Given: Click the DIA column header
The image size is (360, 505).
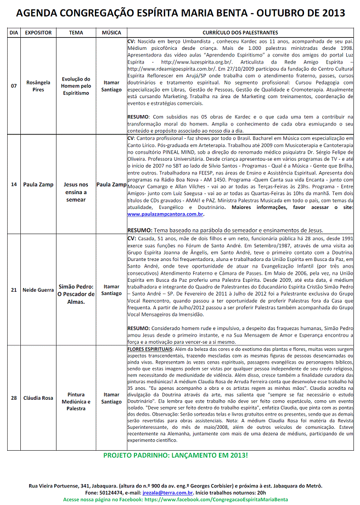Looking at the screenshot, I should coord(14,33).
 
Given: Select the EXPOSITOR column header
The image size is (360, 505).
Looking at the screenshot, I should coord(38,33).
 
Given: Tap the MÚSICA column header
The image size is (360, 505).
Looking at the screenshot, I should coord(111,33).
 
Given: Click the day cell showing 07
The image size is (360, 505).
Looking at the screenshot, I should coord(14,86).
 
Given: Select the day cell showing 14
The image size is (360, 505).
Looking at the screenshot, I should coord(14,184).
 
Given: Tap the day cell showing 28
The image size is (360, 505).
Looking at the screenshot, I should coord(14,398).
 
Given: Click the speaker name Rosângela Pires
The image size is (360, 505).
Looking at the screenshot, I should coord(38,86).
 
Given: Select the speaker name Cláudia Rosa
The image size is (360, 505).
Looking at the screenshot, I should coord(38,398).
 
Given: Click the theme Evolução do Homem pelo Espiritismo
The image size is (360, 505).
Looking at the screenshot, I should coord(76,86).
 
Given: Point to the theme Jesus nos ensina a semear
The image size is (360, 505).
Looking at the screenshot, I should coord(76,192).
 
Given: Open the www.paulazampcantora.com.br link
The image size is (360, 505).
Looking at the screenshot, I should coord(166,215).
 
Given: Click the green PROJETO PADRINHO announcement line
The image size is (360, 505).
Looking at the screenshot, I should coord(176,456).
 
